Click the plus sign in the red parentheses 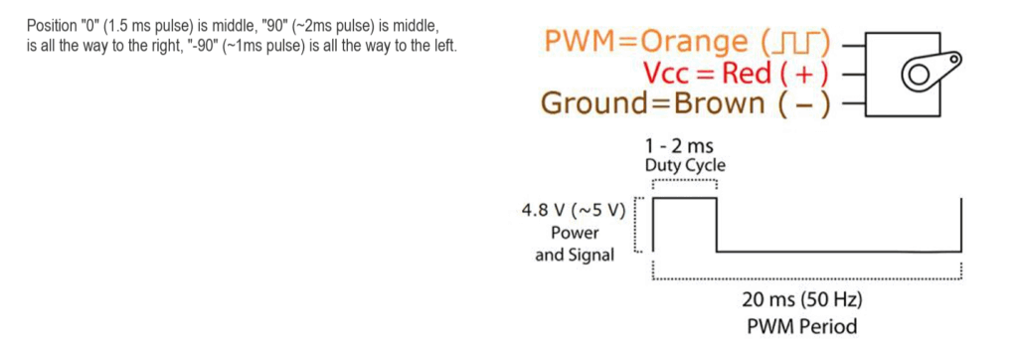pos(807,74)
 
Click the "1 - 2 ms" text pos(685,147)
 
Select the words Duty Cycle pos(685,165)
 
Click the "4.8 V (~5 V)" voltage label pos(573,211)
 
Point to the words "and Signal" pos(574,255)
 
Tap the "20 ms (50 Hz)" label pos(801,300)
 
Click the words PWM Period pos(801,325)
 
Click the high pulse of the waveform pos(684,199)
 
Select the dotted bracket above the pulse pos(684,182)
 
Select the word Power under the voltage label pos(575,233)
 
